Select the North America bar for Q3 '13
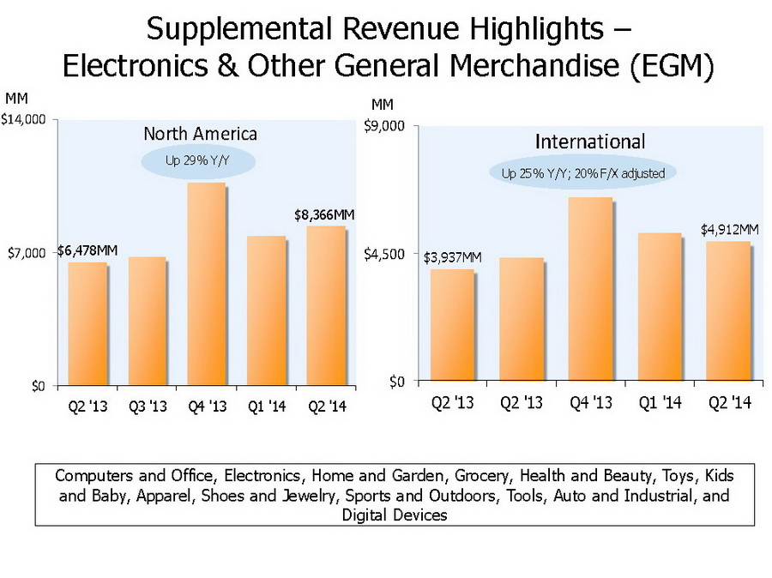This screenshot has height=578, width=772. pyautogui.click(x=147, y=321)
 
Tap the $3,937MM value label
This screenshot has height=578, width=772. pyautogui.click(x=452, y=257)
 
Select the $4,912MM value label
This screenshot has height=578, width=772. pyautogui.click(x=730, y=230)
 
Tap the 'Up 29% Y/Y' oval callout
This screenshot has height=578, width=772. pyautogui.click(x=199, y=160)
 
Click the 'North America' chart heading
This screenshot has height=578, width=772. pyautogui.click(x=200, y=134)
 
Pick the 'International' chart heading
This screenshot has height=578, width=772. pyautogui.click(x=590, y=141)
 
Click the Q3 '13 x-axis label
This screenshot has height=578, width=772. pyautogui.click(x=147, y=406)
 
